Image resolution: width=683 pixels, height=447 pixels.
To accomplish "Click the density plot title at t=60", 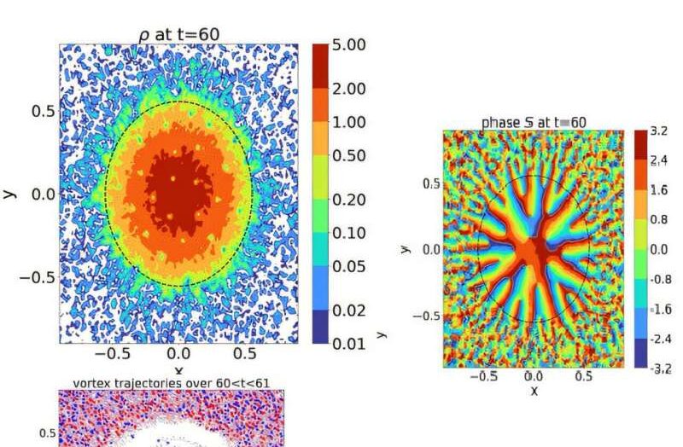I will pos(179,34).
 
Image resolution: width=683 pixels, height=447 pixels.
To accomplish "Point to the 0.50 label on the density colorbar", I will pos(348,156).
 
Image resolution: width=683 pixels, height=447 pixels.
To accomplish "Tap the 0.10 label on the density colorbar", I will pos(348,233).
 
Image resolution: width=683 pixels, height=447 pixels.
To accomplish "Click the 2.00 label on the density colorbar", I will pos(348,89).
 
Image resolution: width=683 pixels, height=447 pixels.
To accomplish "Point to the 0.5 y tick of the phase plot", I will pos(432,184).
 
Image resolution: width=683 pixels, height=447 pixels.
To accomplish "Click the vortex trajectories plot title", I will pos(171,383).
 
